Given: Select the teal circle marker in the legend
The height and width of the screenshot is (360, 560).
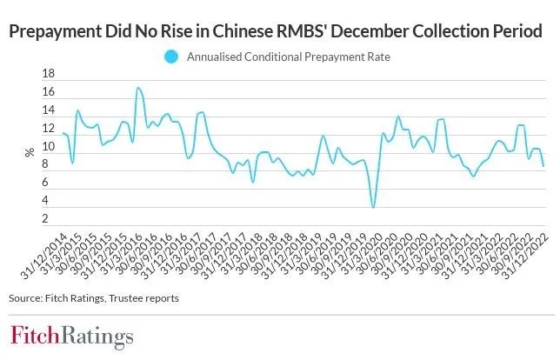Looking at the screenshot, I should tap(170, 57).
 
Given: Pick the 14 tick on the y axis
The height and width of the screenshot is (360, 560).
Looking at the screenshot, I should tap(50, 111).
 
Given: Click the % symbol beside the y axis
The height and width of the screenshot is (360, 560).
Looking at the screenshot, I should tap(30, 151).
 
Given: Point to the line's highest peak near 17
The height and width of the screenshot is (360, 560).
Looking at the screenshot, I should tap(137, 88).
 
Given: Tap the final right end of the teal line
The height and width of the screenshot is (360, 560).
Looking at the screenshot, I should tap(543, 165).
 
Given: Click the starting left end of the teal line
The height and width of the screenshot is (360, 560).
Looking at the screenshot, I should tap(63, 133).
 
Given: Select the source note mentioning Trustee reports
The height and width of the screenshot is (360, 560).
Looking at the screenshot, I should tap(93, 298).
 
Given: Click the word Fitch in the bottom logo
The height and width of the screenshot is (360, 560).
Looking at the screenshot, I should tap(35, 337).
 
